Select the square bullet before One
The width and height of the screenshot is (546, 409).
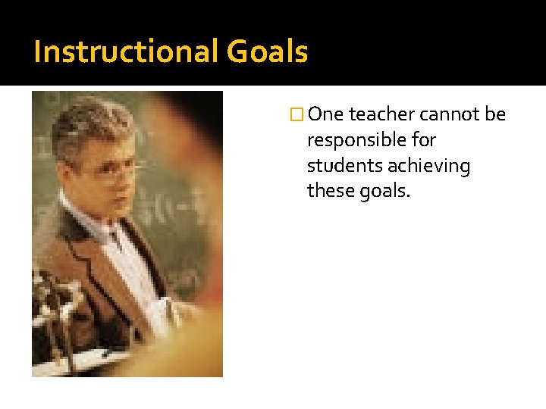pyautogui.click(x=297, y=115)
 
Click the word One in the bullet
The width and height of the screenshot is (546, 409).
pyautogui.click(x=326, y=114)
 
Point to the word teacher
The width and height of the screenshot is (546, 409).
pyautogui.click(x=381, y=114)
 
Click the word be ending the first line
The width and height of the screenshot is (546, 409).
pyautogui.click(x=495, y=114)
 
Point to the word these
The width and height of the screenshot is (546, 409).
pyautogui.click(x=328, y=192)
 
